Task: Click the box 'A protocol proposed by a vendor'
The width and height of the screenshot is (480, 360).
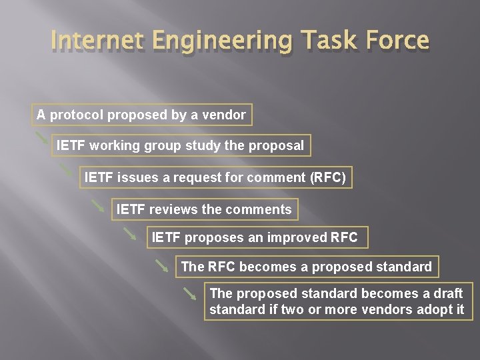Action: (x=141, y=115)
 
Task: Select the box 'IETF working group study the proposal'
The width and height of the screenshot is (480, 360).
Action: (x=180, y=145)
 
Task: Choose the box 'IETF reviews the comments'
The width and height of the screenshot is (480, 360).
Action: (x=203, y=209)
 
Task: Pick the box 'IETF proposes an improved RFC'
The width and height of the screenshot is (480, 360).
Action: (x=255, y=237)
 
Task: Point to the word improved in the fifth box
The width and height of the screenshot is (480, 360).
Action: (x=297, y=237)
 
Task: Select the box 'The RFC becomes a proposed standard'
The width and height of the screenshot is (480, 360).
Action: (x=306, y=267)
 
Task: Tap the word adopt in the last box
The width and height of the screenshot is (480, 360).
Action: (x=435, y=309)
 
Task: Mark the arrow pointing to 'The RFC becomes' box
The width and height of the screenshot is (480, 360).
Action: (x=161, y=265)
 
